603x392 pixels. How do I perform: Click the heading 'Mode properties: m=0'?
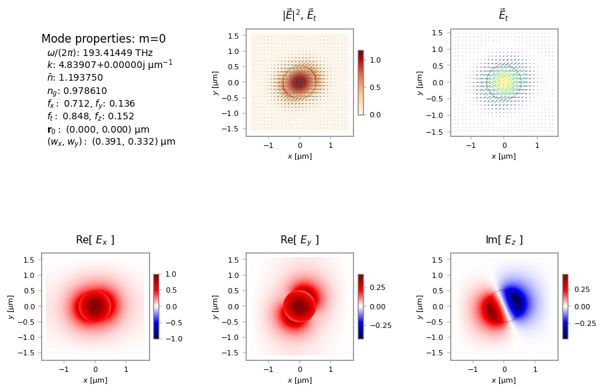[103, 39]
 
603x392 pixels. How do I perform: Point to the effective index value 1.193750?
[81, 78]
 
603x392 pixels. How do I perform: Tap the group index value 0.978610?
[85, 91]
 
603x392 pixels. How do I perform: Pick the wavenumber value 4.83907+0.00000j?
[99, 65]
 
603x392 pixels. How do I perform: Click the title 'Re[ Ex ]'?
[95, 239]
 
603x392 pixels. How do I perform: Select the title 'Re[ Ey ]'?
[300, 239]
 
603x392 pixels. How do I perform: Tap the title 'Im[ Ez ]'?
[504, 239]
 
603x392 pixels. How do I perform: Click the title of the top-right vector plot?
[504, 15]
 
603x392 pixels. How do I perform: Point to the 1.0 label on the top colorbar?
[375, 60]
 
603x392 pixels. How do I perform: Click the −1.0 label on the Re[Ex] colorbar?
[174, 339]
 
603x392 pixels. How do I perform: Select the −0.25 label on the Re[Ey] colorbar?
[380, 325]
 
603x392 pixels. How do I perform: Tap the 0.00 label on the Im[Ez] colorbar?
[582, 307]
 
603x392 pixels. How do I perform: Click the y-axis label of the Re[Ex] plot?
[10, 307]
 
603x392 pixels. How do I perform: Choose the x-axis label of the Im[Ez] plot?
[504, 381]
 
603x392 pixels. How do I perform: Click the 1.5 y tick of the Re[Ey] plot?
[234, 259]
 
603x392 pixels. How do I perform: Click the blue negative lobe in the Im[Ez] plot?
[522, 304]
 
